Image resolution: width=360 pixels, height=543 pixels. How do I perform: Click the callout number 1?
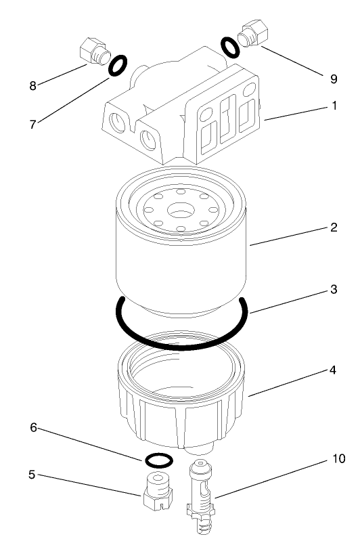[x=333, y=106]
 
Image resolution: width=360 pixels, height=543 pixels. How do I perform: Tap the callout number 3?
[x=333, y=289]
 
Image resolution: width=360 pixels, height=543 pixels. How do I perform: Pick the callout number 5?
[x=31, y=475]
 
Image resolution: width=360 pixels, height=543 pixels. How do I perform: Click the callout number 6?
[x=31, y=428]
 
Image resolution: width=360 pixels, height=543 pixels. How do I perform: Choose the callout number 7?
[x=31, y=125]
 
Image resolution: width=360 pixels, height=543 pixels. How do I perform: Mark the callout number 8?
[x=31, y=86]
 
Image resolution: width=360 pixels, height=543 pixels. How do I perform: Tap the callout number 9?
[x=333, y=79]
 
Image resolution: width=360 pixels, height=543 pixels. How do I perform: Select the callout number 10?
[x=338, y=459]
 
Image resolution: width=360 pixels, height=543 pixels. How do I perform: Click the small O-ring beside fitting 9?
[x=230, y=47]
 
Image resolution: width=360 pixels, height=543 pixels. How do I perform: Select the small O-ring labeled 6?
[x=158, y=460]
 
